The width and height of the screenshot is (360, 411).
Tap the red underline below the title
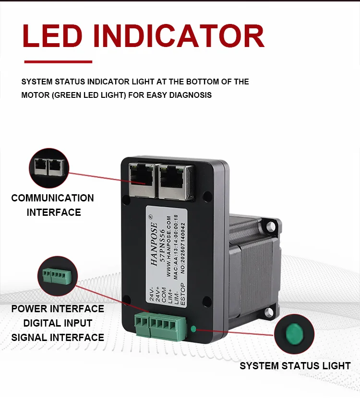[58, 62]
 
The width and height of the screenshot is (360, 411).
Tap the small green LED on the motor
[193, 329]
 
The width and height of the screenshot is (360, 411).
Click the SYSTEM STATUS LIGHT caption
[295, 366]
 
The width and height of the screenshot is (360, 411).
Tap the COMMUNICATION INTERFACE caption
[53, 205]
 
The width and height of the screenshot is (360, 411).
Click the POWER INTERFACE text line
[58, 309]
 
